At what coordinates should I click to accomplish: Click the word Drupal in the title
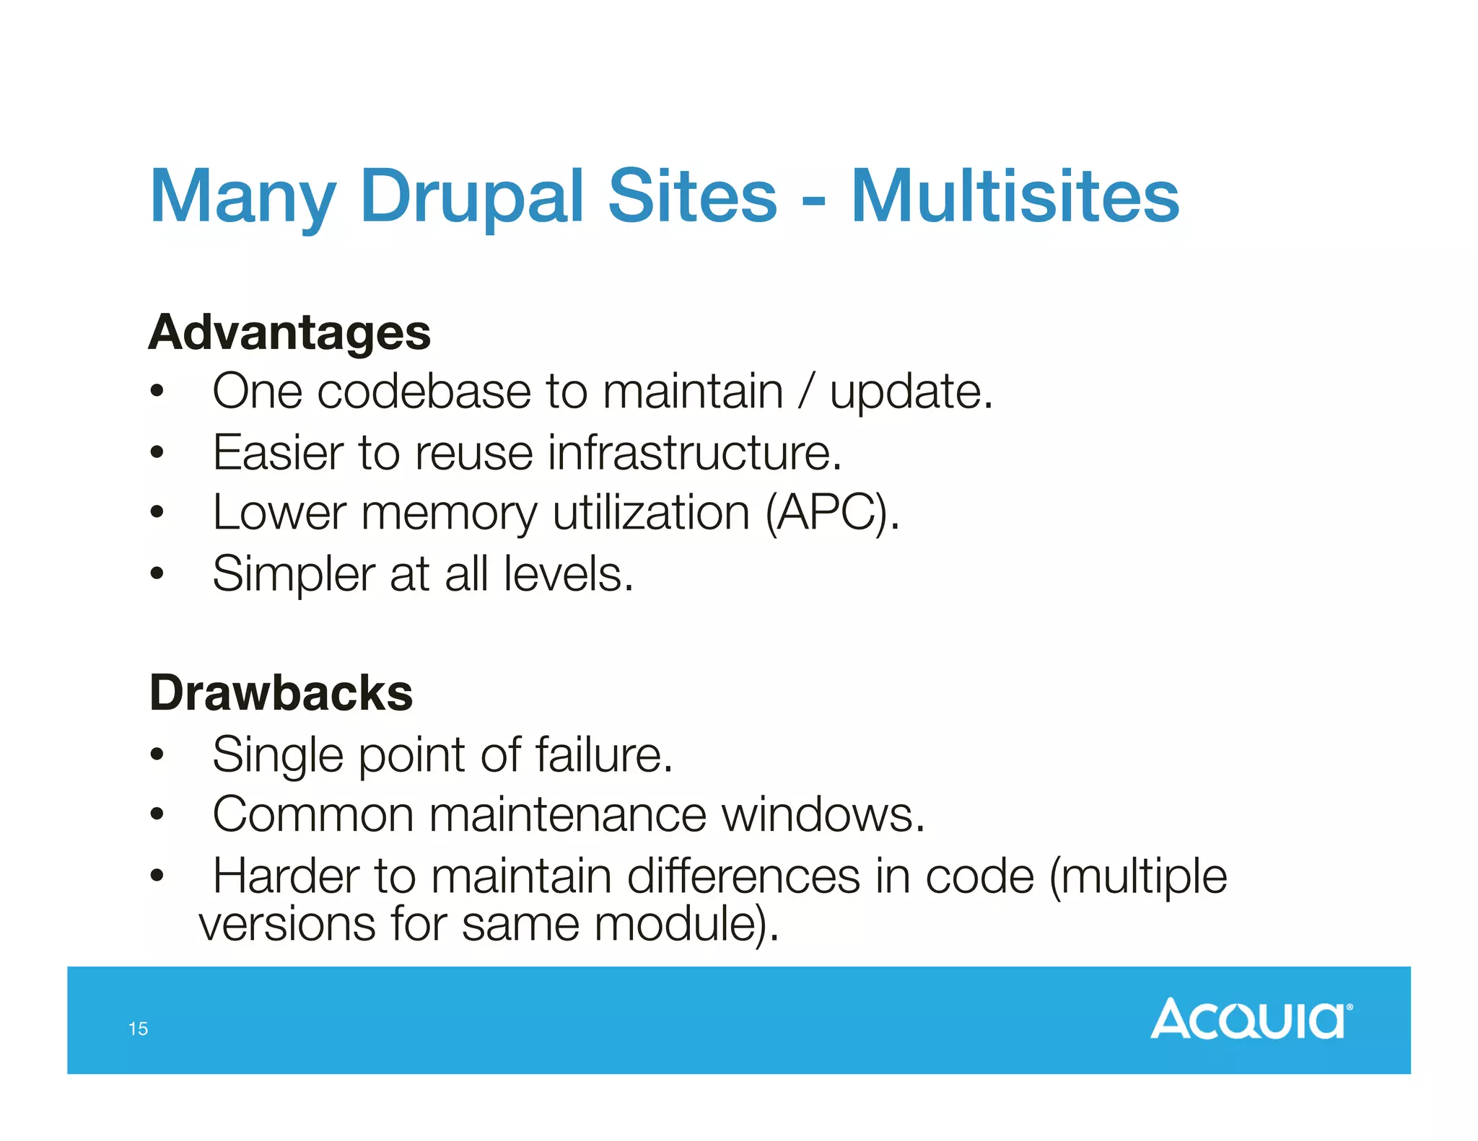pos(471,196)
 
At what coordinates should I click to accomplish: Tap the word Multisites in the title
pos(1015,196)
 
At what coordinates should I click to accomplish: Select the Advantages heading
pos(289,333)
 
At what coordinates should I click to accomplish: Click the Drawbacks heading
pos(281,693)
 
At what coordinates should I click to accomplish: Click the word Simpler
pos(293,575)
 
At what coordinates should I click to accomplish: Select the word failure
pos(603,755)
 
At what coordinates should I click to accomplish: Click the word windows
pos(823,815)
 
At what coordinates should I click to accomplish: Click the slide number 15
pos(138,1028)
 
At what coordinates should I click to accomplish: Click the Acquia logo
pos(1251,1018)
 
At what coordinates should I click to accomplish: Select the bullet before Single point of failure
pos(157,755)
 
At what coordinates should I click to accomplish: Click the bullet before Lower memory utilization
pos(157,514)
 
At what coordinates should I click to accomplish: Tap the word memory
pos(449,514)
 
